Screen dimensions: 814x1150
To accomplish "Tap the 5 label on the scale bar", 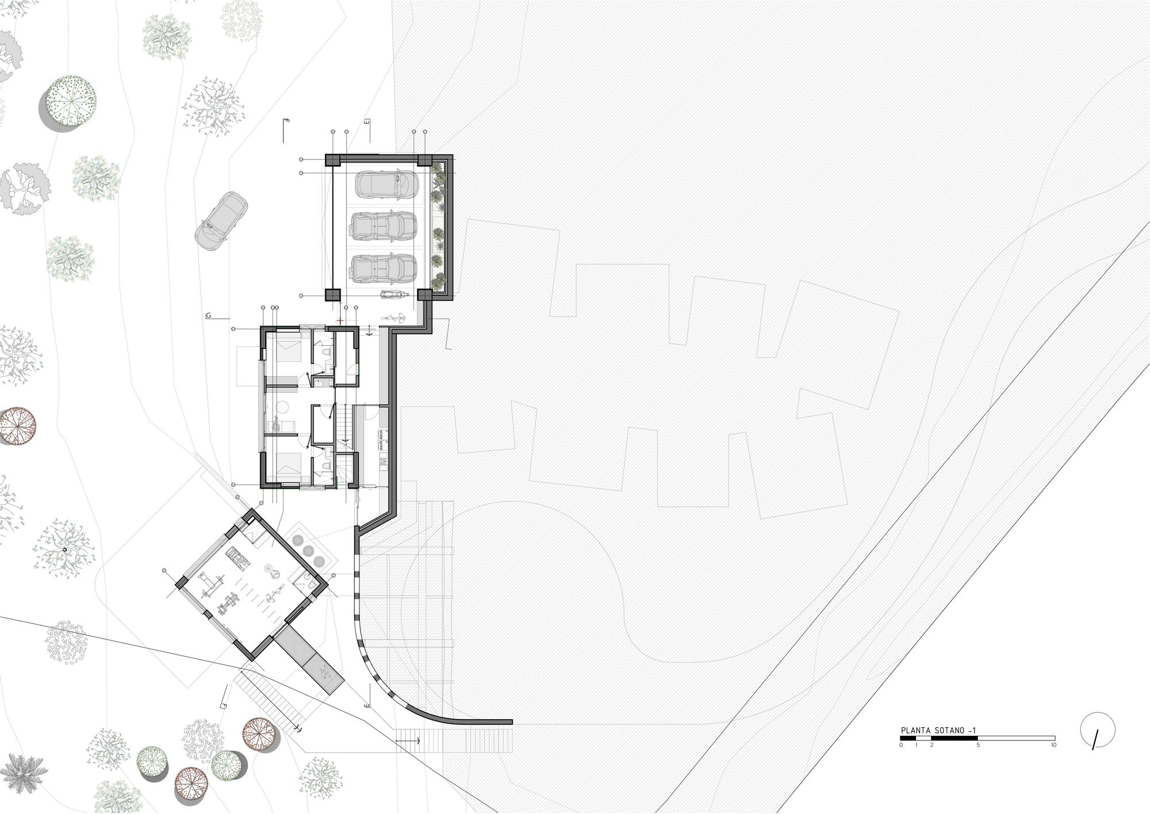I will pyautogui.click(x=978, y=745).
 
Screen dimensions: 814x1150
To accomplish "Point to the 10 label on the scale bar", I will pyautogui.click(x=1053, y=745).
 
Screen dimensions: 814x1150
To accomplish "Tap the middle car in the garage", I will pyautogui.click(x=384, y=226).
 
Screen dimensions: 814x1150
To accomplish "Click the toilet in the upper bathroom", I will pyautogui.click(x=326, y=351).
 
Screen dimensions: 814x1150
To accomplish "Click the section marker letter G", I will pyautogui.click(x=208, y=316).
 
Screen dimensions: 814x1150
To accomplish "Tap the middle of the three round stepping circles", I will pyautogui.click(x=309, y=549).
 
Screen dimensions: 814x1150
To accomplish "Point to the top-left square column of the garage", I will pyautogui.click(x=333, y=161).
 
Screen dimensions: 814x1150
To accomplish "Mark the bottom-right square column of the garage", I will pyautogui.click(x=424, y=295).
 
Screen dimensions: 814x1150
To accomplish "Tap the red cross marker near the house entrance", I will pyautogui.click(x=340, y=320).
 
